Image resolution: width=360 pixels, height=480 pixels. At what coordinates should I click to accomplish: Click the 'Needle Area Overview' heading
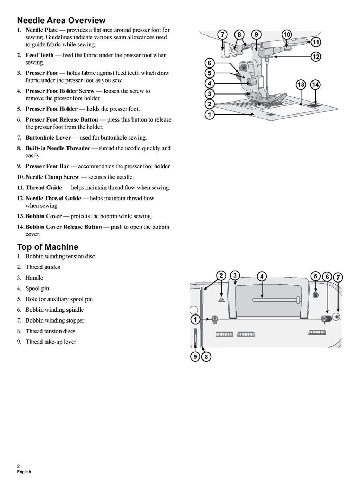click(x=61, y=20)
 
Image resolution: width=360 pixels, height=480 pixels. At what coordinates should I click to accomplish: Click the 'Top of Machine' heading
click(x=47, y=247)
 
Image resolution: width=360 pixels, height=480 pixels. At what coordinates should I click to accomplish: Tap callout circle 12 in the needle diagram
click(x=316, y=56)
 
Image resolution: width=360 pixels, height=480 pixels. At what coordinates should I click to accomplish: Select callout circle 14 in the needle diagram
click(x=315, y=85)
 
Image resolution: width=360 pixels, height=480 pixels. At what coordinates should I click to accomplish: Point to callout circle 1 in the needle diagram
click(x=210, y=115)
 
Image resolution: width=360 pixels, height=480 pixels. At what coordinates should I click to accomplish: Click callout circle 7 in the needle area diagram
click(x=222, y=34)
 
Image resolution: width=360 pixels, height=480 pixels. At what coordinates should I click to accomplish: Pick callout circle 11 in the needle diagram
click(x=316, y=42)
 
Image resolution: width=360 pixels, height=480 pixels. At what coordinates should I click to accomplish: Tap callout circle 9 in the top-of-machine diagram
click(x=195, y=357)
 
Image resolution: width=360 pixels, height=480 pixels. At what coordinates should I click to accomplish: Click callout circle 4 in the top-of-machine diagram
click(x=262, y=276)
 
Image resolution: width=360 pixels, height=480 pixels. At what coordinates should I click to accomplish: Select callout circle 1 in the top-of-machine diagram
click(x=195, y=319)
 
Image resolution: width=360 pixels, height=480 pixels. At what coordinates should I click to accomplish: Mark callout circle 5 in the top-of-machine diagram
click(x=315, y=276)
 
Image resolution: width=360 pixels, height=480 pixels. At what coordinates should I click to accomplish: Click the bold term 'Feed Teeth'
click(x=39, y=55)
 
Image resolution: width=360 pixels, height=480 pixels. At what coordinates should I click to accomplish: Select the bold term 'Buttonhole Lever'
click(x=48, y=138)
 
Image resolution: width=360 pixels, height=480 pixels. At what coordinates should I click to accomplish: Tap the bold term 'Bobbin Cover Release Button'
click(x=63, y=227)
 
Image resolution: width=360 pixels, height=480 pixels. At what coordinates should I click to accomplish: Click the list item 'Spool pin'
click(x=37, y=288)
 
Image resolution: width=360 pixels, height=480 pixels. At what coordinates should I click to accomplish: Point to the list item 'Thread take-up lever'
click(x=51, y=342)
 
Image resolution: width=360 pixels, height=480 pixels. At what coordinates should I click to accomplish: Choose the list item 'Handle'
click(x=34, y=278)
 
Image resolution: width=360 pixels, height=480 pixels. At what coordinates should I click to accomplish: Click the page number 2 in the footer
click(x=19, y=466)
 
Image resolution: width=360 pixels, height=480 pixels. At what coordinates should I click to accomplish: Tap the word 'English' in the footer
click(x=24, y=472)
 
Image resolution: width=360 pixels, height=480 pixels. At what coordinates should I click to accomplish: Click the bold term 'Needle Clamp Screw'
click(x=52, y=177)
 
